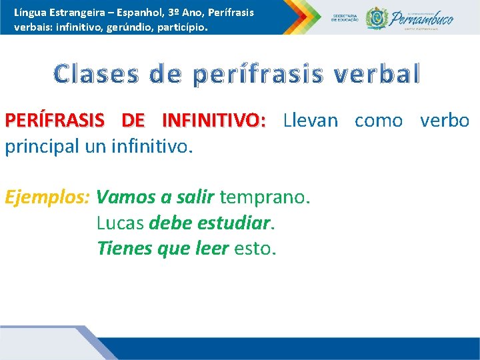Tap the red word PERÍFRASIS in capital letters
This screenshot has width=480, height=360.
coord(54,121)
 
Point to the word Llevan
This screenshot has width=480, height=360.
coord(310,121)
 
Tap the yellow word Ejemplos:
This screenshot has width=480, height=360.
coord(47,197)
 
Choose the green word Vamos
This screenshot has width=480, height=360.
coord(125,197)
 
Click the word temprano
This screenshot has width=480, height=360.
coord(264,197)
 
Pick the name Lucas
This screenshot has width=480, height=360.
coord(120,223)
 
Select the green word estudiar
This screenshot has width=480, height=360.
coord(235,223)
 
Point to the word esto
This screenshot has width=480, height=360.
coord(255,248)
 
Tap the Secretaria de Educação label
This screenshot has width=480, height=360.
coord(345,18)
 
